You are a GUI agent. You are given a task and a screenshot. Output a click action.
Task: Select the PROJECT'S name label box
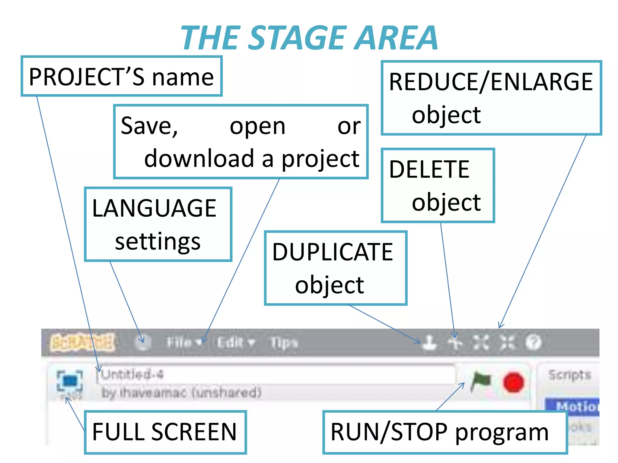[x=121, y=77]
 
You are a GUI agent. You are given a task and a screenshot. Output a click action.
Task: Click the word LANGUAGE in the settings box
[x=154, y=208]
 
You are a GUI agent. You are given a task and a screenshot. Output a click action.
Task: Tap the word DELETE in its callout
[x=429, y=169]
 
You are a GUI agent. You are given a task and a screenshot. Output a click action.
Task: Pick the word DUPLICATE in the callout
[x=333, y=252]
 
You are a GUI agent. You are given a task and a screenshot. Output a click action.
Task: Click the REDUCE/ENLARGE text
[x=491, y=82]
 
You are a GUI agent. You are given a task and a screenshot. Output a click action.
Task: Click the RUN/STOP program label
[x=439, y=432]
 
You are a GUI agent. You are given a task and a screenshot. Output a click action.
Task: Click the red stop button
[x=513, y=382]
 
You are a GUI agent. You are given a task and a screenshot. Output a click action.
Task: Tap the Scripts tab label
[x=569, y=375]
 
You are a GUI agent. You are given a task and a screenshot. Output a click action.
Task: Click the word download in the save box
[x=199, y=159]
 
